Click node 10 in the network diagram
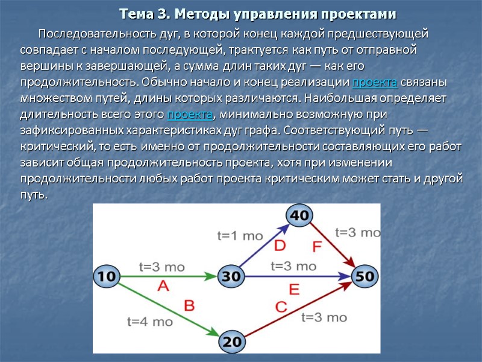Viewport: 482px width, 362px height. coord(106,277)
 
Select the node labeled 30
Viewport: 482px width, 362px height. coord(231,277)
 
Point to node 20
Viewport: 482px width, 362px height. coord(231,341)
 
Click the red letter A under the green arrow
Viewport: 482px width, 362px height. coord(163,287)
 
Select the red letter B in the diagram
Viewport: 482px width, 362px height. coord(189,305)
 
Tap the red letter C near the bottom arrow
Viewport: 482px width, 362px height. coord(281,307)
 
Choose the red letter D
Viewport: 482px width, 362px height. coord(280,246)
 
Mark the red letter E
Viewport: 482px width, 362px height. coord(294,290)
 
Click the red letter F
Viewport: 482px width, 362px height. coord(318,246)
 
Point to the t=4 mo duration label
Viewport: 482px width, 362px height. coord(150,322)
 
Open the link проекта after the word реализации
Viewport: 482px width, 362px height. coord(374,82)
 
